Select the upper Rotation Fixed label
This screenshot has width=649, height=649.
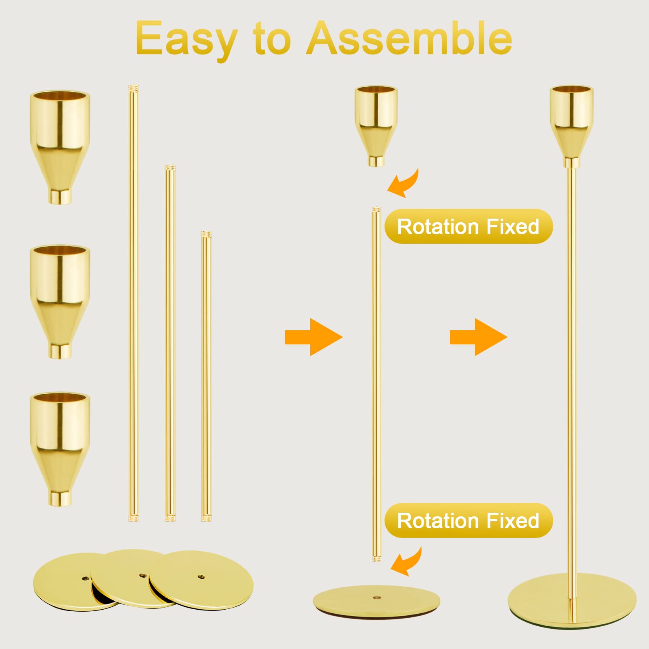pos(468,226)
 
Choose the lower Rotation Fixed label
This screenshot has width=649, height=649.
pos(468,520)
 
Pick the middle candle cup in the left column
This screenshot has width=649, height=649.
pos(60,301)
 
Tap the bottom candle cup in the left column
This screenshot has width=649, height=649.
pos(60,449)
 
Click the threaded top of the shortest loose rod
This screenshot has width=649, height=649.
pos(206,234)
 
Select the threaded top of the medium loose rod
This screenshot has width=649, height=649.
pos(170,168)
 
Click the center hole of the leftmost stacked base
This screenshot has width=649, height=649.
pos(85,578)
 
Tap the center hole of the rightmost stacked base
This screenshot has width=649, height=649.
pos(201,576)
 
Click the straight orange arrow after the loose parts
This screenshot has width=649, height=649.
pos(314,337)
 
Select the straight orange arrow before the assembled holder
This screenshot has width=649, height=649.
pos(479,337)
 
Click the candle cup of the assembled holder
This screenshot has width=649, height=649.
pos(572,126)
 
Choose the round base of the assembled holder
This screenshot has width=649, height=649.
pos(572,601)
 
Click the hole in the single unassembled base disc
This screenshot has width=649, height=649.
pos(377,597)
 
